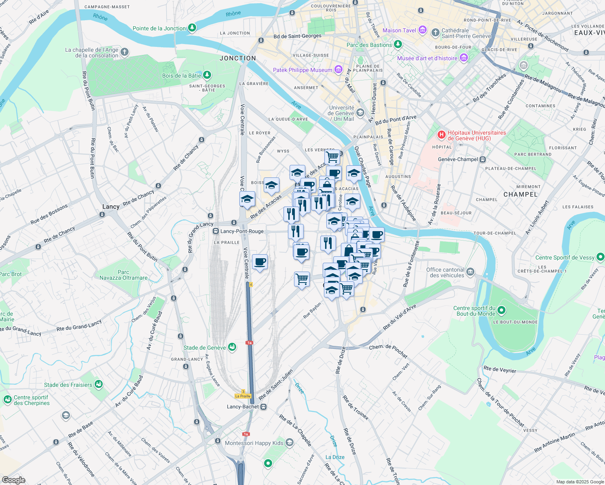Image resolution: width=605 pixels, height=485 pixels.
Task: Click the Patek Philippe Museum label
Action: click(x=302, y=70)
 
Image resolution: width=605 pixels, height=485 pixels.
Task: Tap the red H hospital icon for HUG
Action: click(x=441, y=134)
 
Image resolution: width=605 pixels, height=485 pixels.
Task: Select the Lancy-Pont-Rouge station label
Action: click(x=242, y=231)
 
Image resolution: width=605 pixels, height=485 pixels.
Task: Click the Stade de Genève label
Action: click(x=205, y=348)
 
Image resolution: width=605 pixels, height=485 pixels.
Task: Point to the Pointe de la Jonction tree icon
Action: click(x=192, y=28)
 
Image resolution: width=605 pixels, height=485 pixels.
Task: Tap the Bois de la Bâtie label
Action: click(x=182, y=76)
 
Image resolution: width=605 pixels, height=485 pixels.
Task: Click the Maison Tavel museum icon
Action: click(x=423, y=30)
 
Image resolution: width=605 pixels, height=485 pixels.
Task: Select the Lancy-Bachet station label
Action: click(x=243, y=407)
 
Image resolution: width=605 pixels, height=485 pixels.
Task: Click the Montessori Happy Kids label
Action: click(x=254, y=443)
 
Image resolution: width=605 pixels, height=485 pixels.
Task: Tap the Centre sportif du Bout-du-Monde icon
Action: click(x=501, y=310)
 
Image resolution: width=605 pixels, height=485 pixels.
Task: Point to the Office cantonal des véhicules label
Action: click(x=445, y=272)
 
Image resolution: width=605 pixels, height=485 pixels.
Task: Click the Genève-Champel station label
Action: click(x=458, y=159)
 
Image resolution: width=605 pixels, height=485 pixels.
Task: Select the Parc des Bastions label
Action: click(x=369, y=45)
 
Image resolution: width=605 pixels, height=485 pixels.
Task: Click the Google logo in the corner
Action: click(x=13, y=480)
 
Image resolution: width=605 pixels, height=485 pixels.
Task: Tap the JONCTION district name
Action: click(x=238, y=58)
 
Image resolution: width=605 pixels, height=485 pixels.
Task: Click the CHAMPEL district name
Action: click(x=520, y=194)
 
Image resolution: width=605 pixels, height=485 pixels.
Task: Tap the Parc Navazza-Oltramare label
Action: click(x=123, y=275)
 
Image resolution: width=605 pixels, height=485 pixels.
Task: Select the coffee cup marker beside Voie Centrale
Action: click(x=260, y=262)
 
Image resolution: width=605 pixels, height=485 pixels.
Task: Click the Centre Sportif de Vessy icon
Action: click(x=601, y=257)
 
